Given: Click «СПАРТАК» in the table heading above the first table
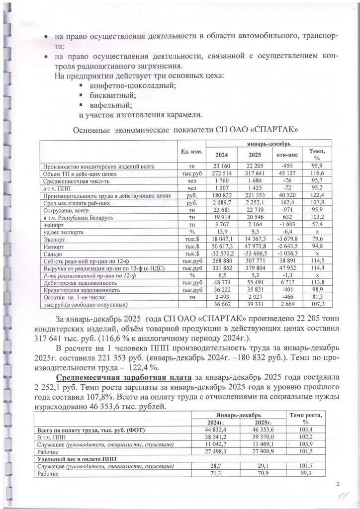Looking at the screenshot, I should [x=269, y=130].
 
